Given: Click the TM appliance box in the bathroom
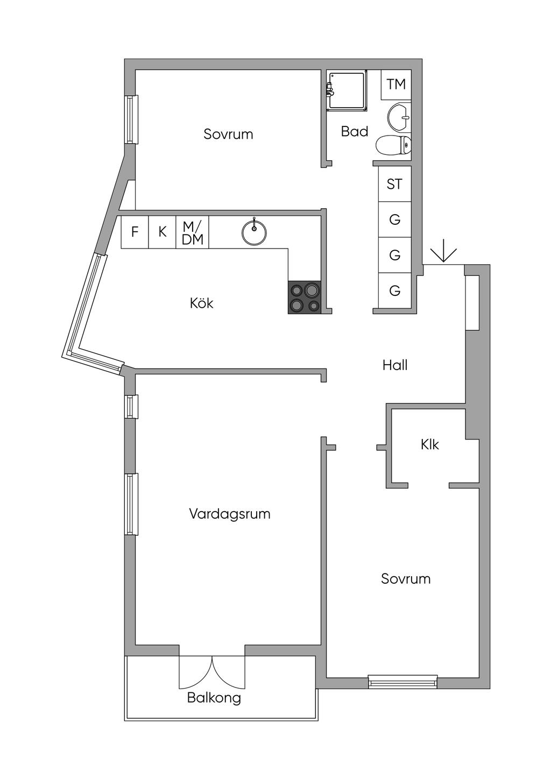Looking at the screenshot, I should (x=396, y=84).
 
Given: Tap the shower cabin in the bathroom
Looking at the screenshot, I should (x=347, y=91).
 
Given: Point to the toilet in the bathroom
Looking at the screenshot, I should (x=393, y=145).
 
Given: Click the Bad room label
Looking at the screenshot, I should (x=355, y=132).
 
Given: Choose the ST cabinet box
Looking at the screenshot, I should (x=394, y=184).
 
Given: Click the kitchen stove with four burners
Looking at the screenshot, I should (x=305, y=298).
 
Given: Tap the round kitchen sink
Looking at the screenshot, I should (x=254, y=232).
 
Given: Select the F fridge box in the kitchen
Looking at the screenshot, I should (x=135, y=232).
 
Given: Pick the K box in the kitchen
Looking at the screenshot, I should (x=162, y=232).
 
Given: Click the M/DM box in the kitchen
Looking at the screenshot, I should (x=192, y=232).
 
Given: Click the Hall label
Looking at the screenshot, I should (x=395, y=365).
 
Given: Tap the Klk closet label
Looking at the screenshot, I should (x=429, y=444).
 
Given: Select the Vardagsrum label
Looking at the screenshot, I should (x=230, y=514).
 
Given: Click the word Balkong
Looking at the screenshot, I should (x=214, y=698).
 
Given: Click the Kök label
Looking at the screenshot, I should (x=202, y=303).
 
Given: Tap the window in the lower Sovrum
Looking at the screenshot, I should (x=402, y=682).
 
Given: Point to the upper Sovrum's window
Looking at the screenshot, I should (x=131, y=119).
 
